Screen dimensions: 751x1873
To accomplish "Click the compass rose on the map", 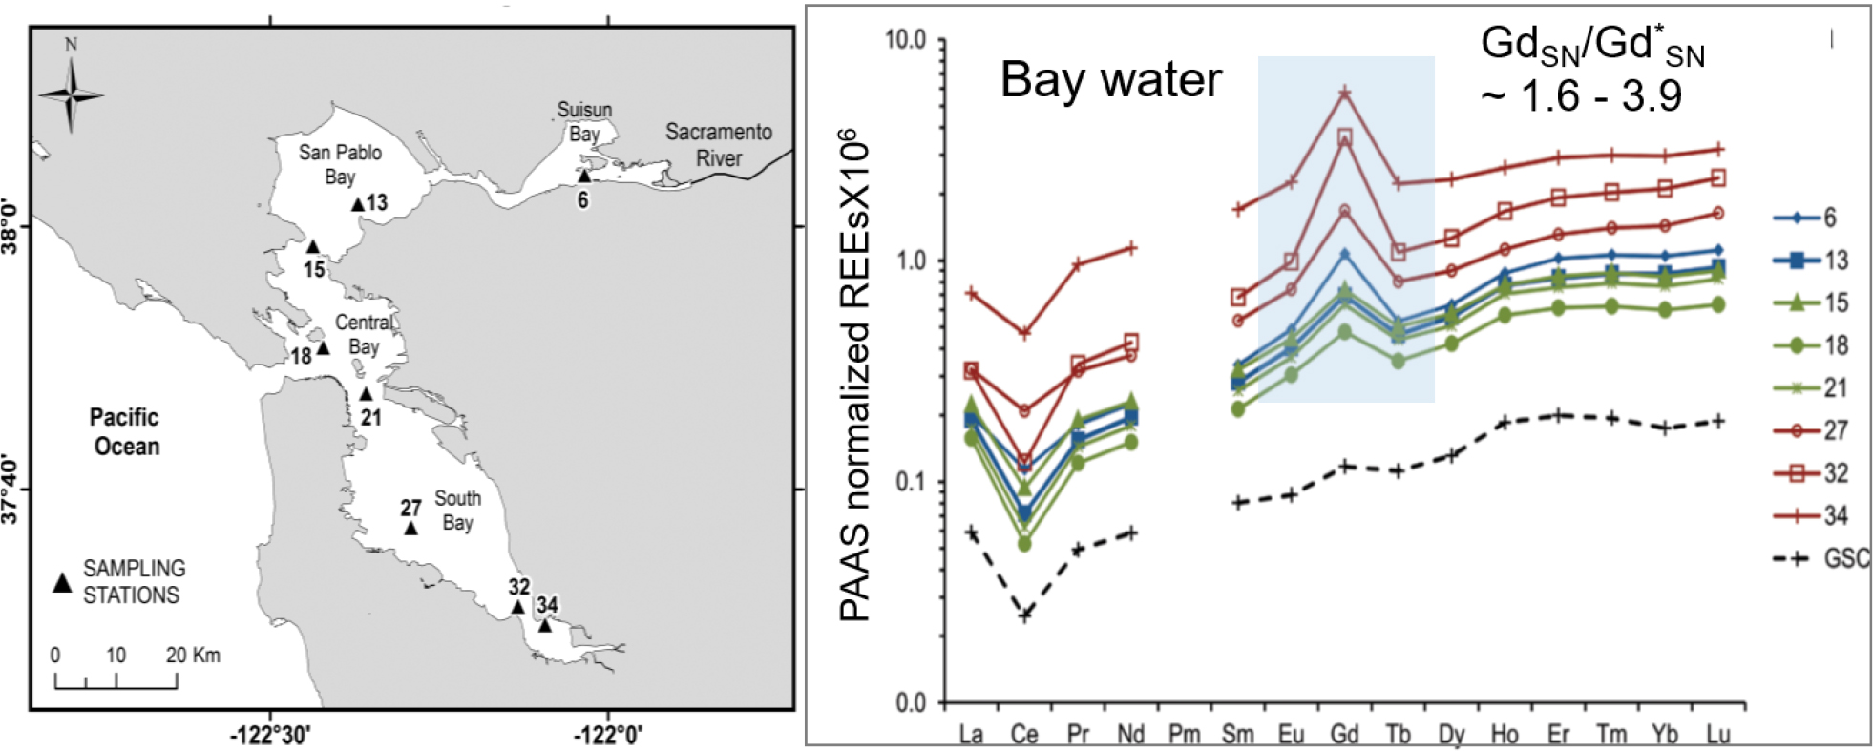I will tap(71, 94).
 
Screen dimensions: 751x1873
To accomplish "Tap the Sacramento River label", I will tap(718, 145).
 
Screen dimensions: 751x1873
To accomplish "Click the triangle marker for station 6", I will tap(584, 177).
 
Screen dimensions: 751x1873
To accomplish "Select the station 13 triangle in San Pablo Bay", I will tap(358, 204).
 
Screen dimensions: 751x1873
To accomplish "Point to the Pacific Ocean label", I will tap(125, 431).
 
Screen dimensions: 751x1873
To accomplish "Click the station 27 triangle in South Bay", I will tap(411, 529).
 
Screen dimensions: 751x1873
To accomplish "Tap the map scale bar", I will tap(116, 679).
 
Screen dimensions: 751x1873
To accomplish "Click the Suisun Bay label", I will tap(584, 121).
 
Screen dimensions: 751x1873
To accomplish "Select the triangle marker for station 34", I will tap(544, 626).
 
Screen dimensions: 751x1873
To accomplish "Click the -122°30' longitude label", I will tap(271, 735).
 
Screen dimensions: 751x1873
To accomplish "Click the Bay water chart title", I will tap(1110, 79).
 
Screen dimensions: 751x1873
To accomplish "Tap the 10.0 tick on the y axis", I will tap(906, 39).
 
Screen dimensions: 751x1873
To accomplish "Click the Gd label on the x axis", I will tap(1344, 734).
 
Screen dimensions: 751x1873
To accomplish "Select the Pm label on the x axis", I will tap(1185, 734).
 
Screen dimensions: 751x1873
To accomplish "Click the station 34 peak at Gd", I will tap(1345, 93).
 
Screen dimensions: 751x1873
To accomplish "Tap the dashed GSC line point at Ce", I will tap(1025, 615).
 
